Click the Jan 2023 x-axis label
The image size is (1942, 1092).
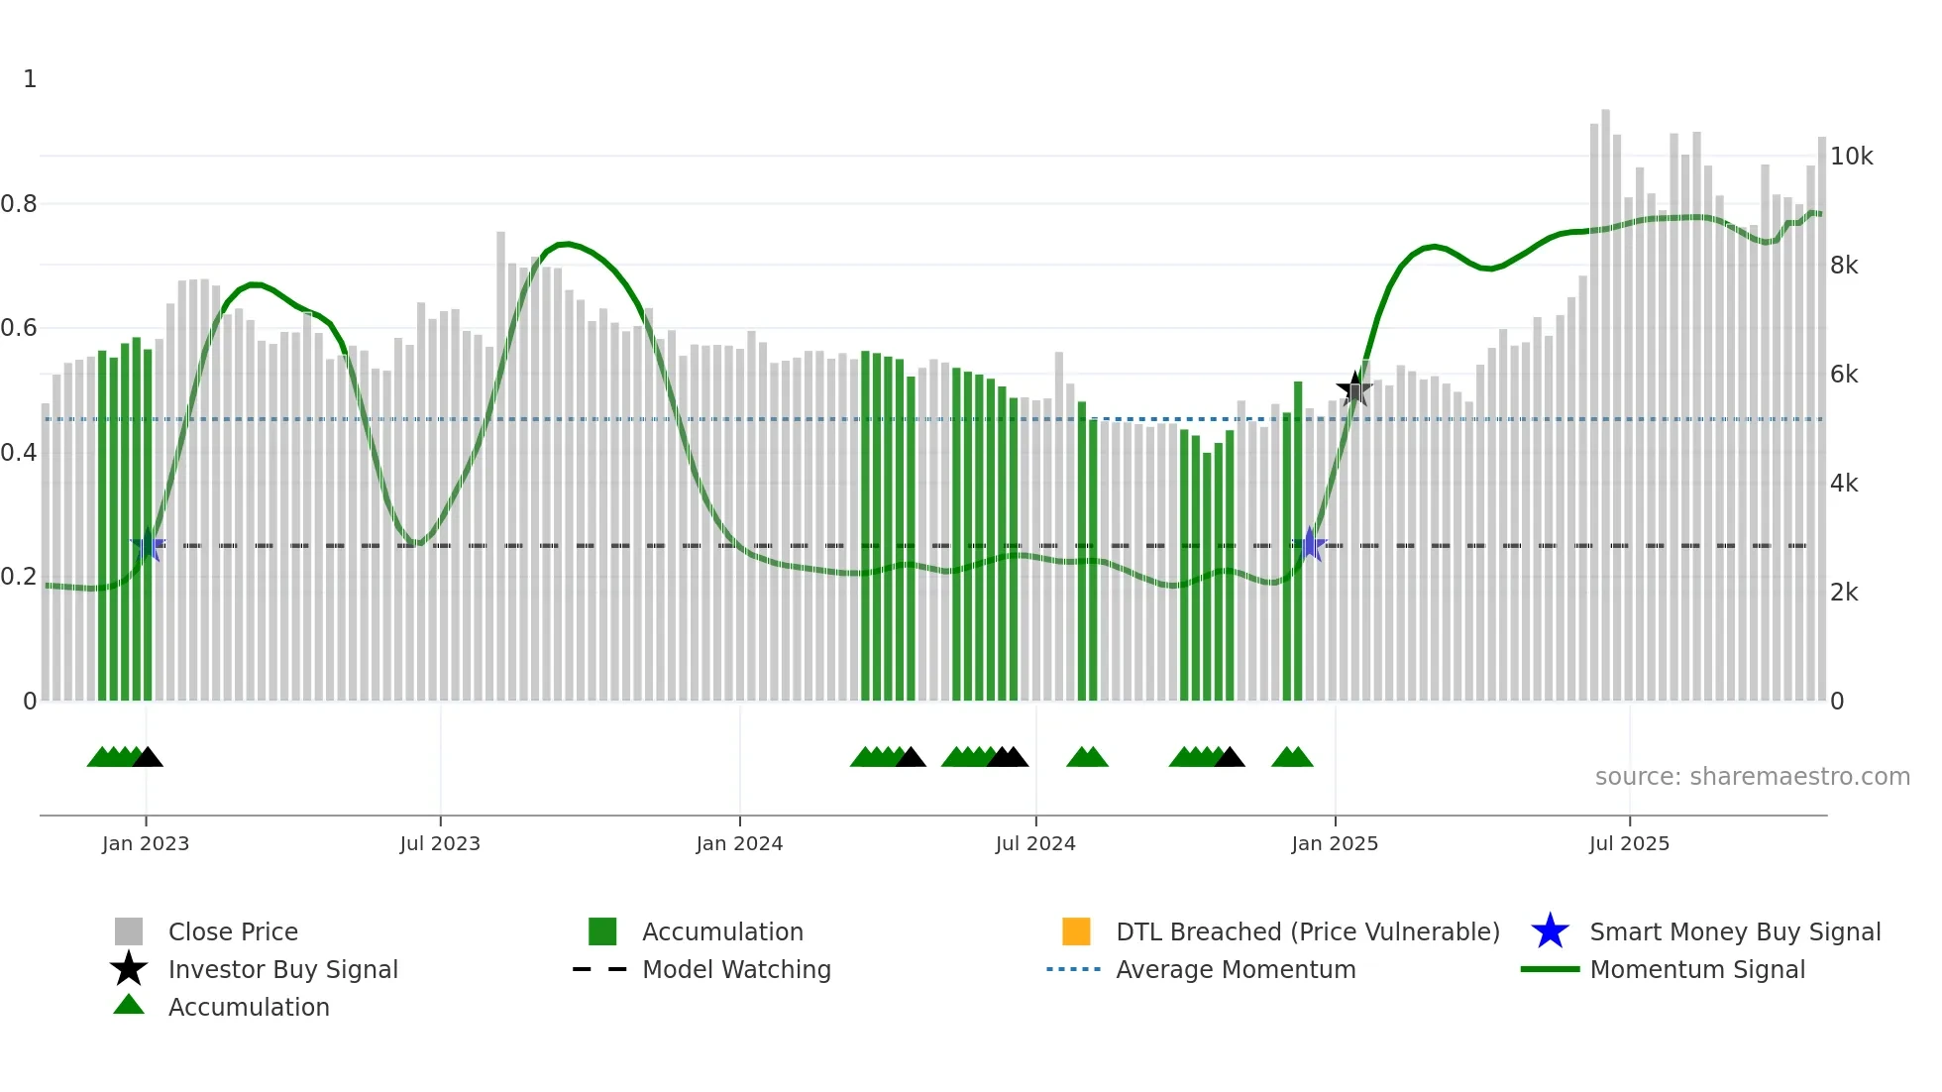tap(145, 843)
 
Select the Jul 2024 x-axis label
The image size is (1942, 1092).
tap(1035, 843)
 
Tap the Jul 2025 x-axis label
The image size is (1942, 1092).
tap(1629, 843)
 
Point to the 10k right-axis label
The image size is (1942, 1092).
tap(1851, 157)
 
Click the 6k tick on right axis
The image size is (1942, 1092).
tap(1844, 375)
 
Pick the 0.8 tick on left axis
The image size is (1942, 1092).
tap(19, 204)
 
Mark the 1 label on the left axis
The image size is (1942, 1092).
tap(30, 79)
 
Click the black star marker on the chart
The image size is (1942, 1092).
tap(1354, 388)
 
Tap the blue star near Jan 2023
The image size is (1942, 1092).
tap(148, 545)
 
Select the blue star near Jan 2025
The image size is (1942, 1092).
tap(1310, 544)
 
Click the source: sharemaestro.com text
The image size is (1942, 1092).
tap(1752, 777)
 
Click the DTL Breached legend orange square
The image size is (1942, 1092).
tap(1076, 931)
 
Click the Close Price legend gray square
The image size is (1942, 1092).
tap(129, 931)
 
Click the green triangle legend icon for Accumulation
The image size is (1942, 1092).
tap(129, 1005)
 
